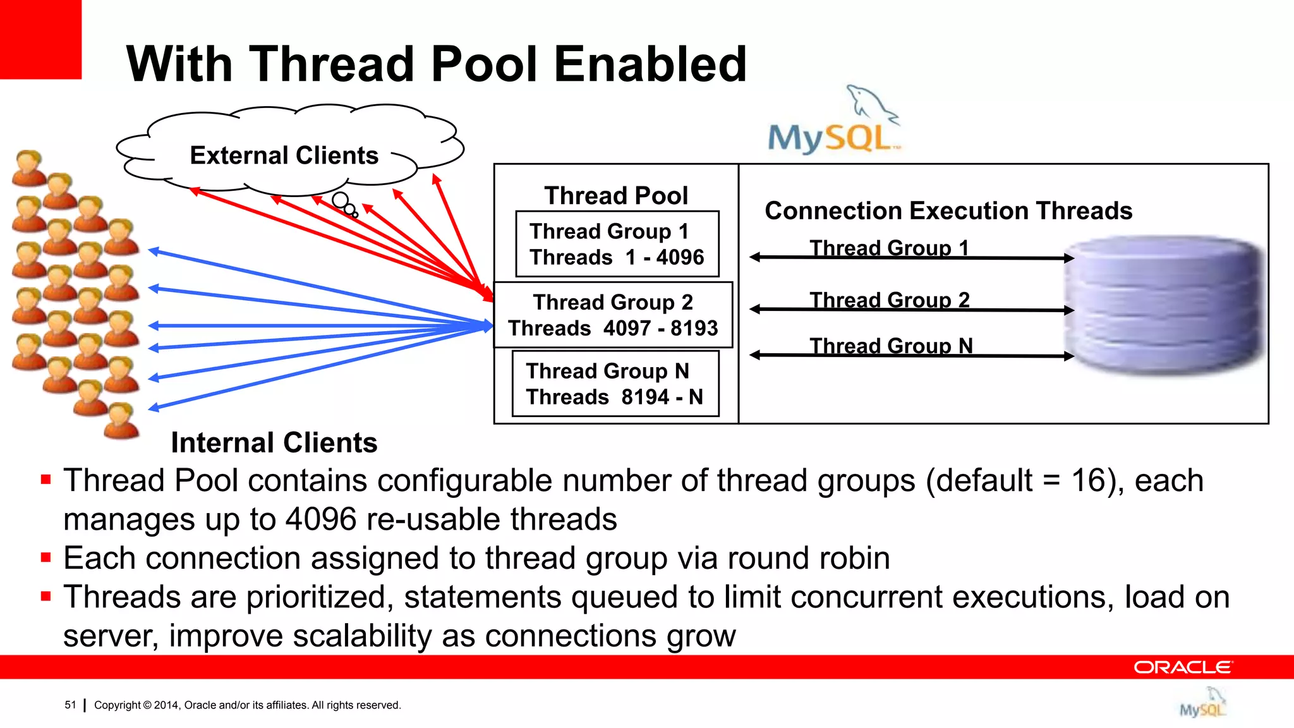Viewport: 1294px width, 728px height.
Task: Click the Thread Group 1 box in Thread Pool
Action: tap(617, 244)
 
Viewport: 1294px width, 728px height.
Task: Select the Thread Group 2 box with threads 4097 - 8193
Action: tap(613, 315)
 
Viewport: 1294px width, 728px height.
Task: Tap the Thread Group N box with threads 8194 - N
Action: tap(615, 384)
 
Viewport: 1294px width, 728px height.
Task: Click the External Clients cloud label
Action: tap(284, 155)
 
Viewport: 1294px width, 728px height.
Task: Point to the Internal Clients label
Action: tap(274, 442)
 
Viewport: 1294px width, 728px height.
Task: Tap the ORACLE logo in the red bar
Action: tap(1182, 667)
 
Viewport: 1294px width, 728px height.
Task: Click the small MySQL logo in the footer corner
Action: tap(1202, 703)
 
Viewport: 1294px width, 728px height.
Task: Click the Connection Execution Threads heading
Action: tap(948, 210)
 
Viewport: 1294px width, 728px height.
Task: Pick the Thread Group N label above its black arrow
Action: tap(891, 345)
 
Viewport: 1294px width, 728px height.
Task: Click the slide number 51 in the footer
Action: tap(70, 705)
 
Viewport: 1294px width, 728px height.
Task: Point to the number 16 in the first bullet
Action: tap(1089, 480)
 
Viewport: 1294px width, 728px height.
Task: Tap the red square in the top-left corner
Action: tap(40, 39)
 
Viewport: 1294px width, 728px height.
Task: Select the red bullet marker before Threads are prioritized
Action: tap(45, 596)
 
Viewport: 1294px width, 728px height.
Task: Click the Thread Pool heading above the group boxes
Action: tap(616, 195)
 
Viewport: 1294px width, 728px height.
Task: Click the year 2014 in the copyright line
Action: tap(167, 705)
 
